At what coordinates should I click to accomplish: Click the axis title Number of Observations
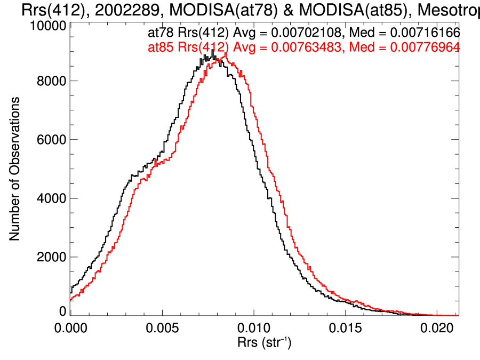[x=15, y=169]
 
